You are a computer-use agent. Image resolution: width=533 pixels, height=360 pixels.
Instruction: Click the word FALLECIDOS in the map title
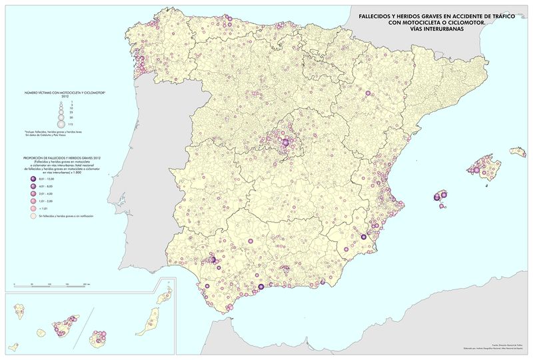pos(376,17)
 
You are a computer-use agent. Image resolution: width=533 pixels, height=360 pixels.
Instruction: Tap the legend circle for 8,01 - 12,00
pos(31,180)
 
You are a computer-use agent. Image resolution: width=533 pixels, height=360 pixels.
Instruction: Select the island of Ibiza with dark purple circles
pos(439,197)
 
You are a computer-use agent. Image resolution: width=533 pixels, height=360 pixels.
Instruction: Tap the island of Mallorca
pos(484,167)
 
